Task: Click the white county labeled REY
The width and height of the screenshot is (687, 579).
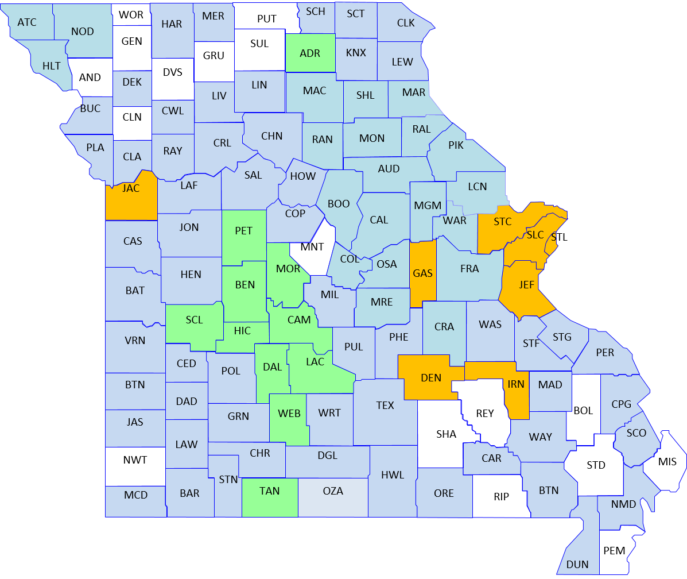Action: (x=485, y=414)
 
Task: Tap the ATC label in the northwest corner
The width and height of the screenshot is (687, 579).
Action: (x=27, y=22)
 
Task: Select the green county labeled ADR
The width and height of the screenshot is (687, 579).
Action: (x=310, y=53)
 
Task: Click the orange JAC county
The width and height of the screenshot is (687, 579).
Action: (x=131, y=188)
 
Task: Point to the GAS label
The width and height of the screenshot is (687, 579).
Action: (x=422, y=273)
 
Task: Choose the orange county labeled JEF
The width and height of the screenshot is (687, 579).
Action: (x=526, y=285)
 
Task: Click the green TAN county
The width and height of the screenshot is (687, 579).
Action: (x=269, y=491)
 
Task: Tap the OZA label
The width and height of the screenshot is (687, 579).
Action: (x=333, y=491)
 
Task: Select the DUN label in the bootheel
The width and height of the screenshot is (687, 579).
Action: (x=577, y=564)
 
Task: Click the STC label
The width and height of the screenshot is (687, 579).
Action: (x=502, y=222)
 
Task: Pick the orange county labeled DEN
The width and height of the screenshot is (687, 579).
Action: (x=431, y=377)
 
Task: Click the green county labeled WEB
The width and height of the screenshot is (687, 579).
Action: (x=289, y=414)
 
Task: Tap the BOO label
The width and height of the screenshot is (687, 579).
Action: (x=339, y=204)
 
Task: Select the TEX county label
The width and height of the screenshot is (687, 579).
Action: (x=385, y=405)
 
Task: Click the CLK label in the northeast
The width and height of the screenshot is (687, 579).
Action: (x=406, y=22)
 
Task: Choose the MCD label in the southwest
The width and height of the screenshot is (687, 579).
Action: (x=135, y=495)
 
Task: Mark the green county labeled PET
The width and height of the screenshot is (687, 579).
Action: (x=244, y=231)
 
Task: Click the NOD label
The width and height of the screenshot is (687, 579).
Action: (x=82, y=31)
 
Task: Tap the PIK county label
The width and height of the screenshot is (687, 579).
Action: (x=456, y=145)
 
